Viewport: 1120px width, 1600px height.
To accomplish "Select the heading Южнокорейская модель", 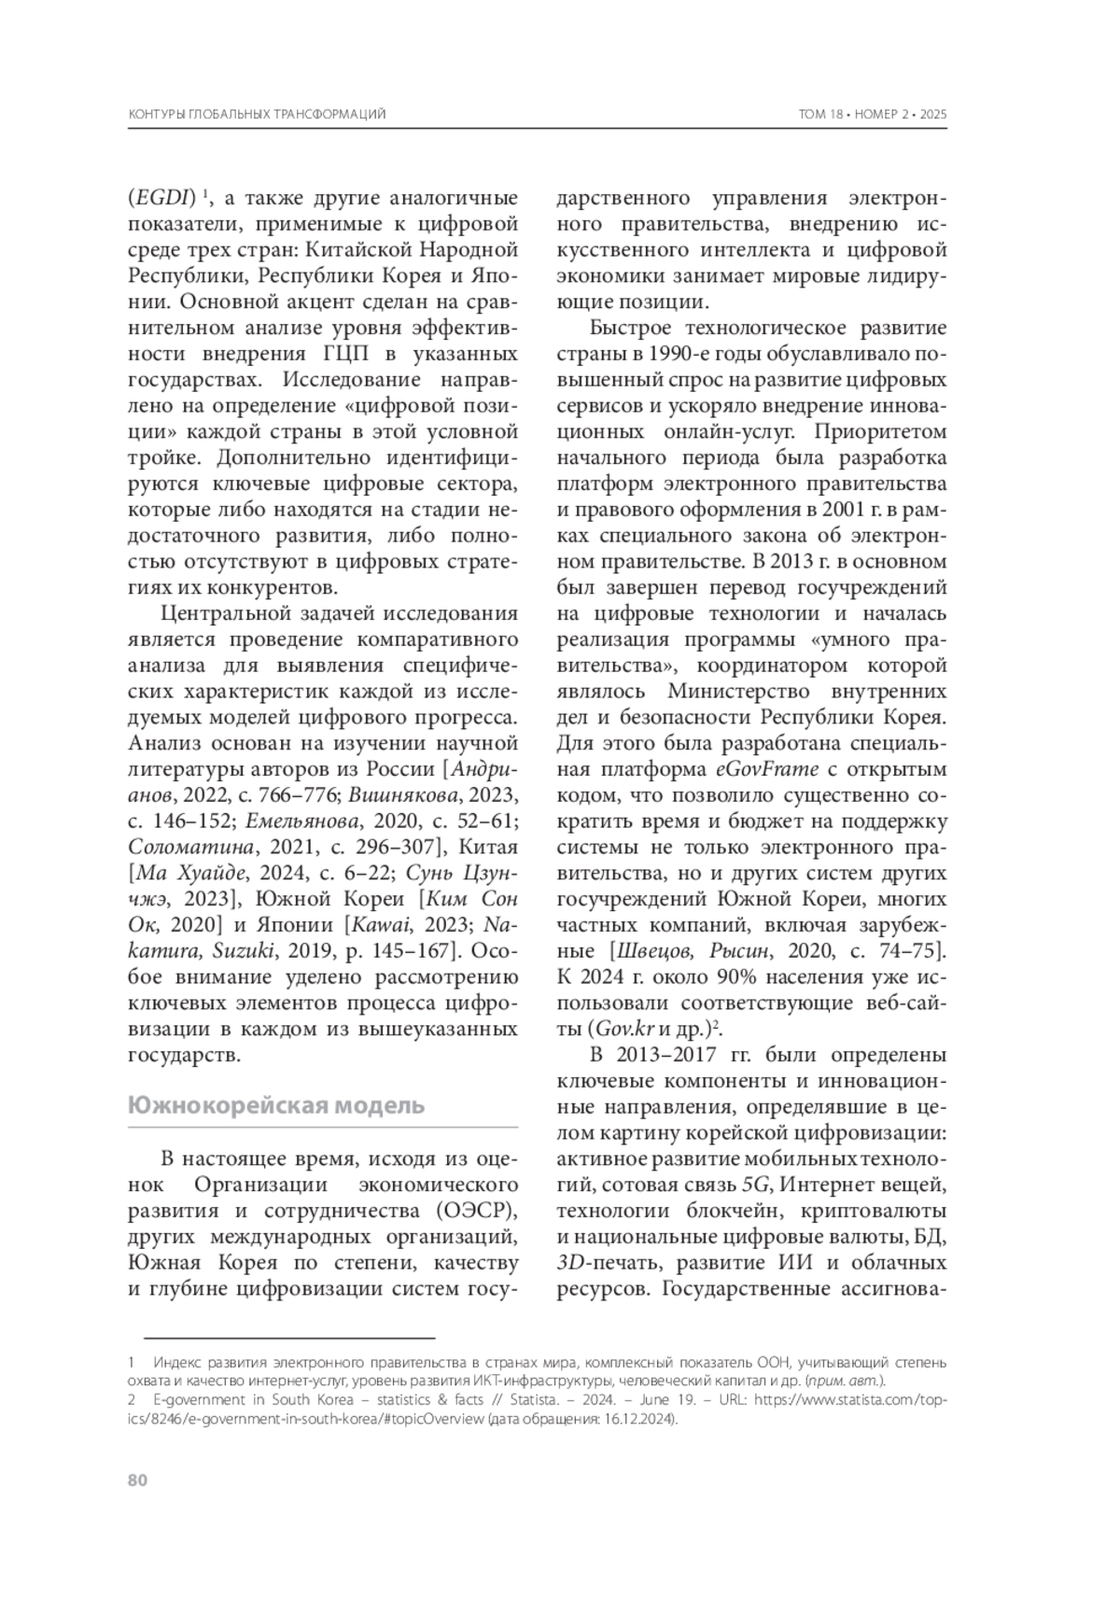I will click(275, 1105).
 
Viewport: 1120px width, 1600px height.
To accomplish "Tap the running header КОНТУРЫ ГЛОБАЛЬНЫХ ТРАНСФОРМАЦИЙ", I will click(257, 114).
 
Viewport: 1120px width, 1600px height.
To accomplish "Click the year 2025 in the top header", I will click(933, 114).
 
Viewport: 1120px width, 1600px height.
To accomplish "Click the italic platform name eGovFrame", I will click(767, 769).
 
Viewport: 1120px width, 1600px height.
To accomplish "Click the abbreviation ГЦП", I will click(333, 355).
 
